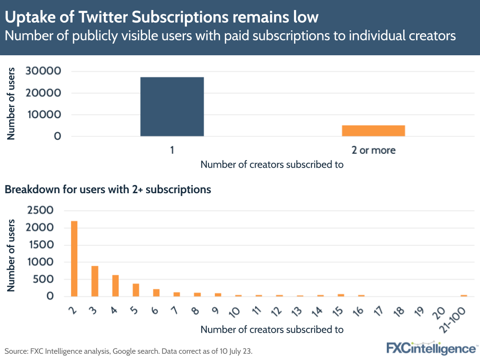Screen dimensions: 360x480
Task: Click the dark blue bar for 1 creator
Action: pos(172,107)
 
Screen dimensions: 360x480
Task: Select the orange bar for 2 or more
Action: pos(373,131)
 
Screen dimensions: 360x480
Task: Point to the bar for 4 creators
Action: pos(115,286)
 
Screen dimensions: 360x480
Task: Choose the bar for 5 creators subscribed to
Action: pos(136,290)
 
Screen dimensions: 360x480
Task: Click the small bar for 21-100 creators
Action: pos(464,296)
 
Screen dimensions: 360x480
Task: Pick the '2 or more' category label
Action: pos(373,150)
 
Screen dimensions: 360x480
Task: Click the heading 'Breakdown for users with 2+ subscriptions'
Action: pos(108,189)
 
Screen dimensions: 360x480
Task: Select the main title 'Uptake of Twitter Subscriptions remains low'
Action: pos(161,17)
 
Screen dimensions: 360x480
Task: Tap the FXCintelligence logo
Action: pos(431,348)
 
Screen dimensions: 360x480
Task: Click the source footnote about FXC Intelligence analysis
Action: pos(128,351)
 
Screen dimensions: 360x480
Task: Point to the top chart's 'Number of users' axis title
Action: pos(11,104)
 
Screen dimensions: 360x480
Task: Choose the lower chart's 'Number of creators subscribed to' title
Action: pos(272,330)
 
